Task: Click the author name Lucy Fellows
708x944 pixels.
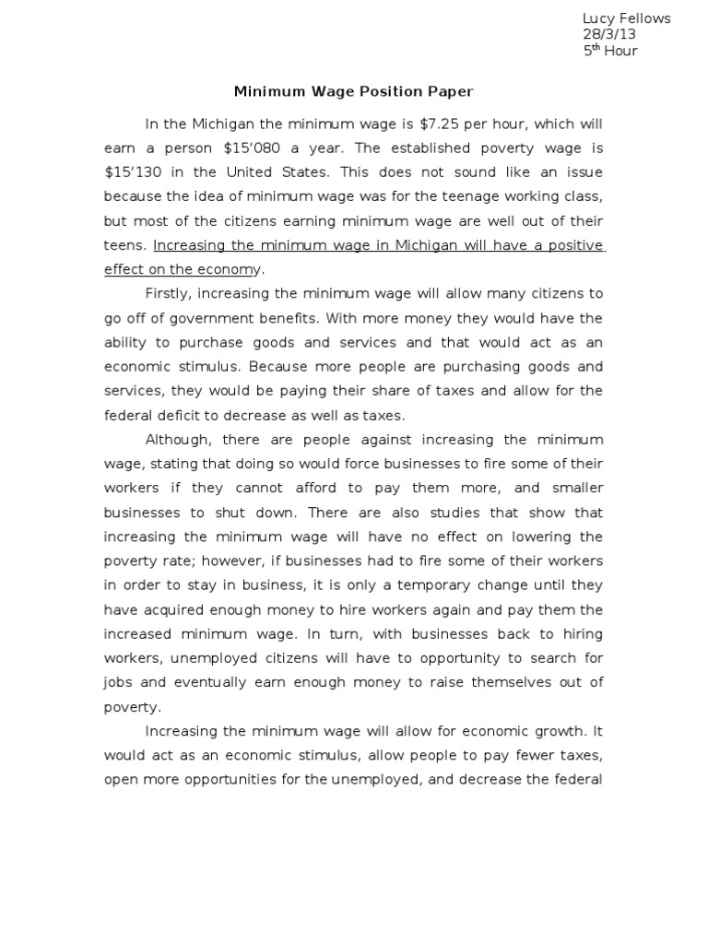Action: click(627, 18)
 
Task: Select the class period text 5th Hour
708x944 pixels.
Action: click(610, 51)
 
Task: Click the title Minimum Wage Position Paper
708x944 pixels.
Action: click(353, 91)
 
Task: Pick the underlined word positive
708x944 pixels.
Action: click(572, 245)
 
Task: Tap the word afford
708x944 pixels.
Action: click(331, 488)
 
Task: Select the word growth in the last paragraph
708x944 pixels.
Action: click(553, 731)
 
